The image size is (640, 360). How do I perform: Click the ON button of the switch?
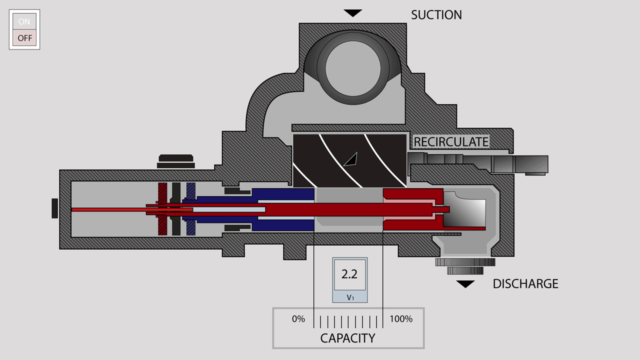pos(24,21)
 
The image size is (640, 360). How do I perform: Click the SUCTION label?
pos(436,15)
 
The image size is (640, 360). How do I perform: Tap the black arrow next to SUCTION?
pos(353,13)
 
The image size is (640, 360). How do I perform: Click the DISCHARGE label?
pos(525,283)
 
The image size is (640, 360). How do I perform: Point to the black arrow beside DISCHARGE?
pos(465,284)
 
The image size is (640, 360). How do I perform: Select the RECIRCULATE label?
pos(451,142)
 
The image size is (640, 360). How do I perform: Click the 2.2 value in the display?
pos(349,274)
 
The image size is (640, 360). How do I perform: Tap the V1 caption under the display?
pos(350,297)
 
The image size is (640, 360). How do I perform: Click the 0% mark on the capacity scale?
pos(298,319)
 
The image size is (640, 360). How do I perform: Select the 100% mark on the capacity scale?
pos(401,319)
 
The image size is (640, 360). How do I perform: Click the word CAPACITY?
pos(347,338)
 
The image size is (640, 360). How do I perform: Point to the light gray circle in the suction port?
pos(353,68)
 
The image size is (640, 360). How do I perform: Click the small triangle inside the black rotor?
pos(351,159)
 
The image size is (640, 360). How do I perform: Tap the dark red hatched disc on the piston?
pos(162,209)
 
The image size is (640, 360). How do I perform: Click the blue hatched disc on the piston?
pos(191,209)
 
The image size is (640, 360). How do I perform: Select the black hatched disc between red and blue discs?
pos(176,209)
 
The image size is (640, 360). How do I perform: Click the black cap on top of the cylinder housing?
pos(176,161)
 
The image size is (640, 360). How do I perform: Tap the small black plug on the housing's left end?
pos(54,208)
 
